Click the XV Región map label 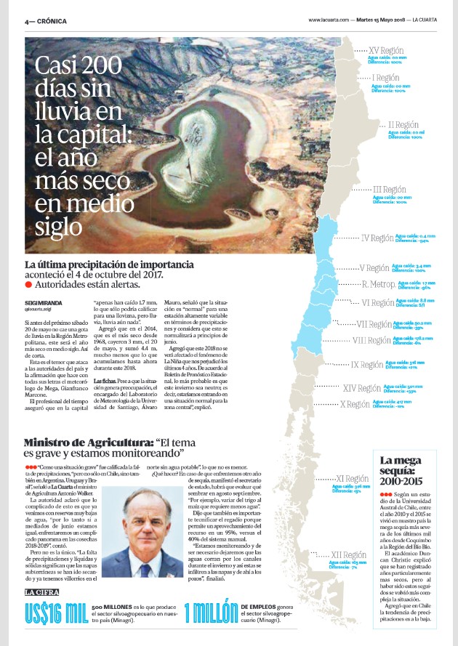click(386, 51)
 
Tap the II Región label click(413, 125)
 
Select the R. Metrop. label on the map click(378, 284)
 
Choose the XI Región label click(352, 479)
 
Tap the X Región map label click(355, 404)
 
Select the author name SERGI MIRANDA click(43, 302)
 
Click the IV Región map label click(377, 238)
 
